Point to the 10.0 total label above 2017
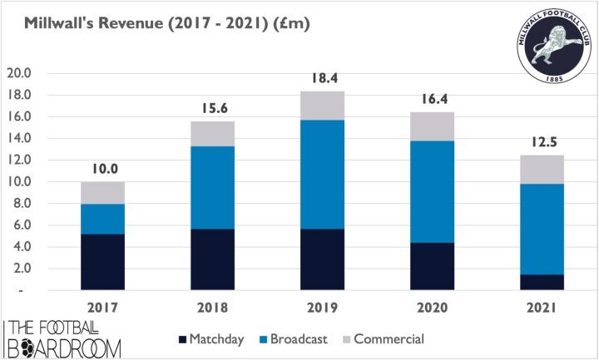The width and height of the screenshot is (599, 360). (x=103, y=169)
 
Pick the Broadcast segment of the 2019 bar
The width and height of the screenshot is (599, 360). (x=324, y=175)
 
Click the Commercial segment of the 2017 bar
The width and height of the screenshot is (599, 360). (x=103, y=193)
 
